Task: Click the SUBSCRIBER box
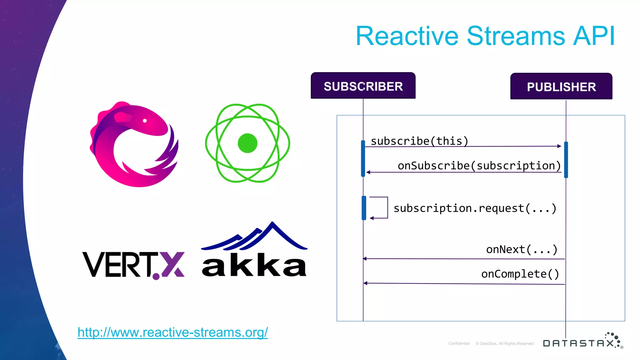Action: (x=363, y=86)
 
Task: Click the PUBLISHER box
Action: (x=561, y=87)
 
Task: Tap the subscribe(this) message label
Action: (x=419, y=141)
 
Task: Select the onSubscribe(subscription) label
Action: (x=479, y=165)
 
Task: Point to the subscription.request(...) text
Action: (x=475, y=208)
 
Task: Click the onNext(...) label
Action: (x=522, y=249)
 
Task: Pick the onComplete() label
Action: (x=520, y=274)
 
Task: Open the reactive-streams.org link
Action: (x=172, y=332)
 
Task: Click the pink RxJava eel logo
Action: (x=134, y=144)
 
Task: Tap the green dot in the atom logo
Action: (x=247, y=143)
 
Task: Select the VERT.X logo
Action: (x=133, y=265)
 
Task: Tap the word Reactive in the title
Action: (x=407, y=36)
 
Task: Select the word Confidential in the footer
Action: (x=459, y=343)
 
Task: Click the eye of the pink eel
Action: (x=145, y=121)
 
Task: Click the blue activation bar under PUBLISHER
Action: (x=566, y=159)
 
